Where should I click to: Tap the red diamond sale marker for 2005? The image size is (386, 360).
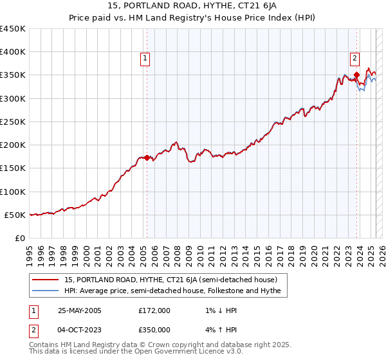pyautogui.click(x=147, y=157)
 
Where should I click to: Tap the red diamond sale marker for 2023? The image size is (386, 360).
pyautogui.click(x=356, y=75)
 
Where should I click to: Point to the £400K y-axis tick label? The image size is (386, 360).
pyautogui.click(x=13, y=52)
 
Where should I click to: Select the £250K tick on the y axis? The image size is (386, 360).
pyautogui.click(x=13, y=122)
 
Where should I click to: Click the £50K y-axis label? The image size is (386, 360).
pyautogui.click(x=15, y=215)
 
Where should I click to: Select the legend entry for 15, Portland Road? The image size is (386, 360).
pyautogui.click(x=170, y=280)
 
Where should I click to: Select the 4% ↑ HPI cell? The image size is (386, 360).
pyautogui.click(x=218, y=329)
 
